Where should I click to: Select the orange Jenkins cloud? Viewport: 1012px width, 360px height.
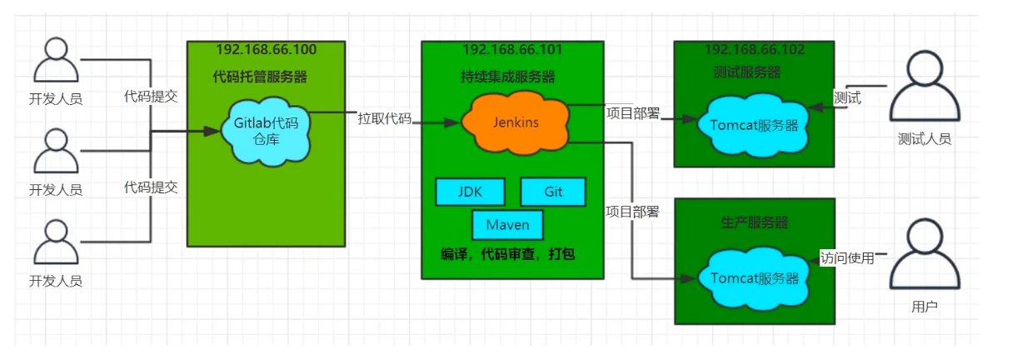tap(516, 122)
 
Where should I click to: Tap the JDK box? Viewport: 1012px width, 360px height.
tap(470, 192)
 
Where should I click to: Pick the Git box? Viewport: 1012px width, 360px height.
tap(553, 192)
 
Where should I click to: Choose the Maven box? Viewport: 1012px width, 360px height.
tap(508, 225)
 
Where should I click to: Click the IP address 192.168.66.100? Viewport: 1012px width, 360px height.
tap(266, 50)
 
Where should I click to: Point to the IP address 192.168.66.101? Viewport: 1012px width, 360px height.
tap(511, 50)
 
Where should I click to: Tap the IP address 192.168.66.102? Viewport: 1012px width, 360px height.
tap(755, 50)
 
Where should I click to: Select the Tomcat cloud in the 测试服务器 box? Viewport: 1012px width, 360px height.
tap(754, 126)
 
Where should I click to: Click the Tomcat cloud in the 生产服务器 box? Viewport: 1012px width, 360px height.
tap(754, 278)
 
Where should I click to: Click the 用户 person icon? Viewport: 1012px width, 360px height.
tap(924, 253)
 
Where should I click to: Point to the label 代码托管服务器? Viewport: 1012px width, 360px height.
tap(260, 77)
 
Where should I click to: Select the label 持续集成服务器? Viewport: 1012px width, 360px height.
tap(508, 77)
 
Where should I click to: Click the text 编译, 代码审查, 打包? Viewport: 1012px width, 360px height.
tap(508, 253)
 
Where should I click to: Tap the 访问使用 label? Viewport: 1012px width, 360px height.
tap(847, 257)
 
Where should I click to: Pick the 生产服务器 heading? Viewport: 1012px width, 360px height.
tap(754, 222)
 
